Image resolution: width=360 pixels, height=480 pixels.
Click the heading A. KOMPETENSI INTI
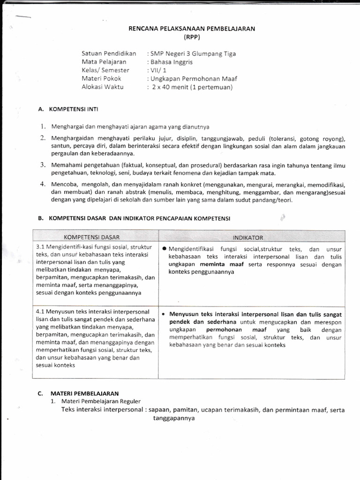pos(68,109)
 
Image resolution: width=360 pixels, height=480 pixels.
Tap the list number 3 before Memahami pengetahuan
pos(42,165)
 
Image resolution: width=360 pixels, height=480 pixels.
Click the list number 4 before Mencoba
pos(42,184)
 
